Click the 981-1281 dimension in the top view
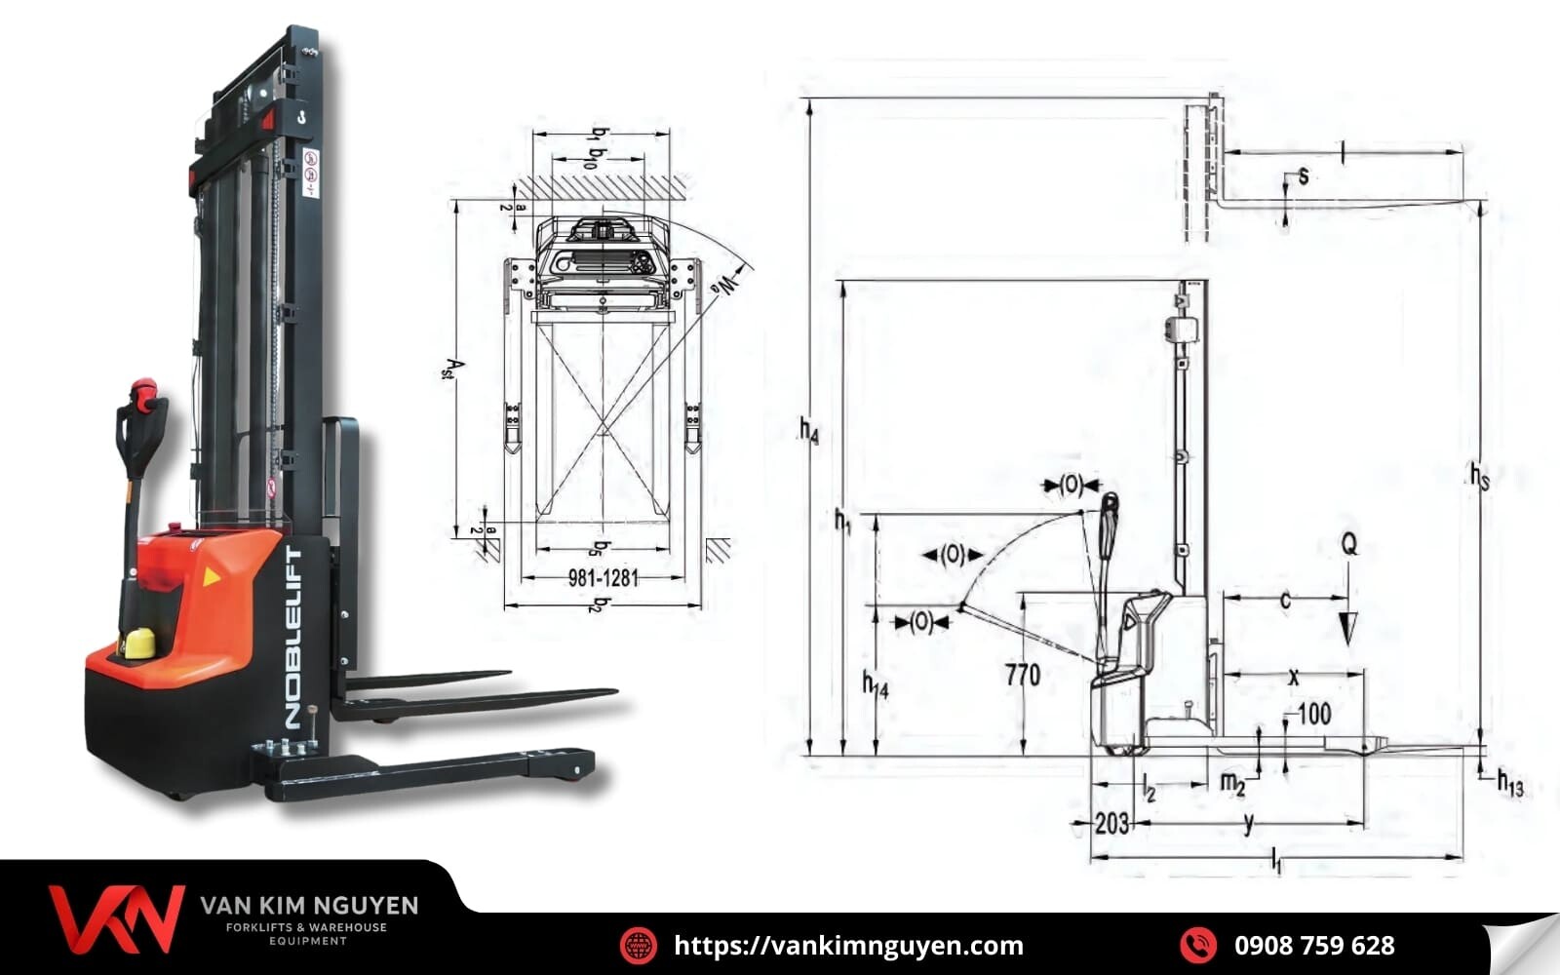(x=603, y=578)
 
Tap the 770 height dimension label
(x=1022, y=675)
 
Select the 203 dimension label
(x=1111, y=824)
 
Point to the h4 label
(x=808, y=430)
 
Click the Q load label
(x=1348, y=545)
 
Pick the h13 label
(x=1509, y=782)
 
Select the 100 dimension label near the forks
(x=1313, y=715)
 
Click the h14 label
(x=875, y=685)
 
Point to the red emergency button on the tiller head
(x=143, y=388)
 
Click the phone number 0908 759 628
(x=1313, y=945)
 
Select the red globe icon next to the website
(x=639, y=945)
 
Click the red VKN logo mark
(x=116, y=919)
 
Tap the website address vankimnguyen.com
(x=848, y=945)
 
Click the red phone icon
(x=1197, y=945)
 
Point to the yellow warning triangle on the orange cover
(x=211, y=577)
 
